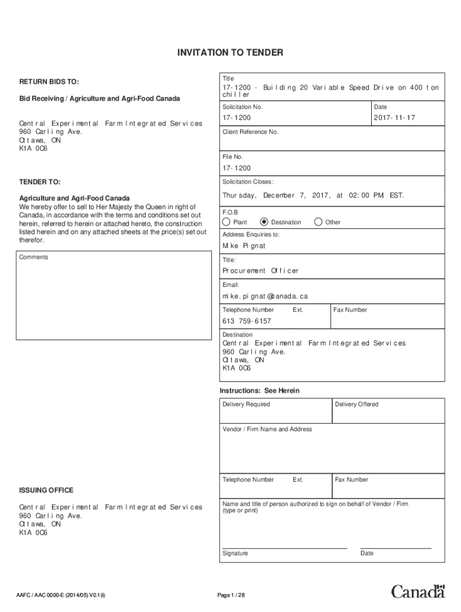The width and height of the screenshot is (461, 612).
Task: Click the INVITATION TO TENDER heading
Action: click(230, 53)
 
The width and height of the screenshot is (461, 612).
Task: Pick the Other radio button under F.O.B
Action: click(318, 222)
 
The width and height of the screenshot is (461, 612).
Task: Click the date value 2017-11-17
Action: click(394, 118)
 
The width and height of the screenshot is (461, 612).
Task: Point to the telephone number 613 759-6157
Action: click(247, 321)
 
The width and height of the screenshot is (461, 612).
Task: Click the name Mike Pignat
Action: click(244, 246)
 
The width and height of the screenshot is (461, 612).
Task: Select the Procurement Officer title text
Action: click(260, 271)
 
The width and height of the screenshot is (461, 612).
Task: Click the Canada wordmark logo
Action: click(418, 591)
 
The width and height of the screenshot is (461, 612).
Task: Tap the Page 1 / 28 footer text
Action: click(231, 595)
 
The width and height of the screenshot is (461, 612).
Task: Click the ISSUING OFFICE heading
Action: click(46, 490)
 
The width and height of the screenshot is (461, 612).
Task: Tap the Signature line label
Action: click(235, 553)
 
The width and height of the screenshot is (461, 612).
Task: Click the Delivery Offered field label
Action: click(357, 405)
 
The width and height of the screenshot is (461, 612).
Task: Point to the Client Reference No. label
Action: click(250, 132)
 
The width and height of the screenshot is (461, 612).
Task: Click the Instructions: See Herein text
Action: click(259, 391)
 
